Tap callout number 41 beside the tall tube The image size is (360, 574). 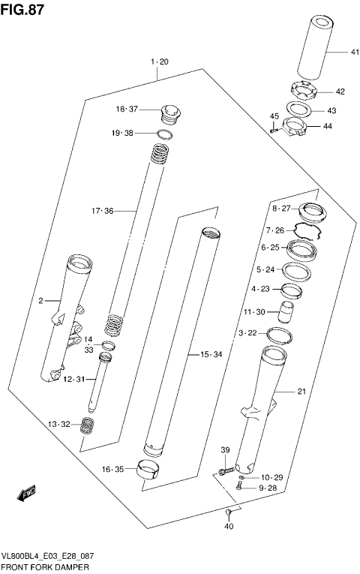tap(334, 52)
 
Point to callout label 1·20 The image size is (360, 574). tap(158, 61)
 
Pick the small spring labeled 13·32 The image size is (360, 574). tap(88, 425)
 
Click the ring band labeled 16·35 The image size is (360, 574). tap(148, 471)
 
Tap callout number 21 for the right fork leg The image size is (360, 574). tap(301, 391)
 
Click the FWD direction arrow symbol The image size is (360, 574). tap(25, 494)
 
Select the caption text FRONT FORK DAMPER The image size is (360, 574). tap(44, 568)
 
